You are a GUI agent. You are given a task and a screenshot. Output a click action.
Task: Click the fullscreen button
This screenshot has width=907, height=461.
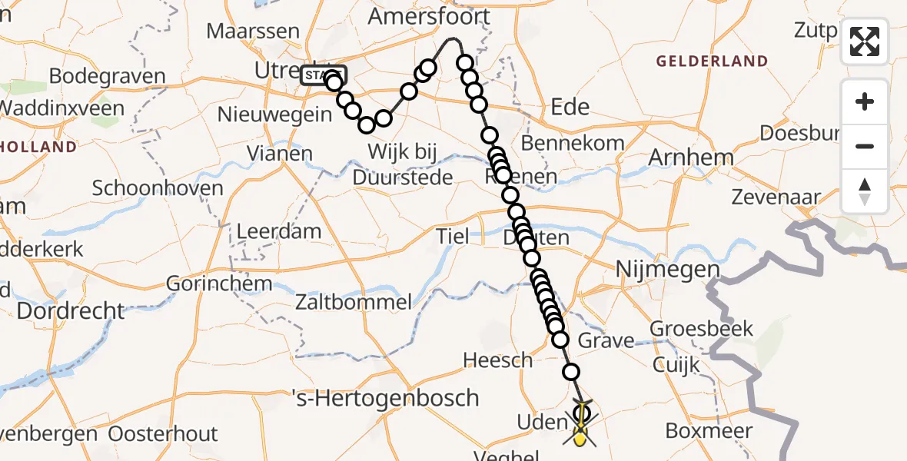[x=865, y=41]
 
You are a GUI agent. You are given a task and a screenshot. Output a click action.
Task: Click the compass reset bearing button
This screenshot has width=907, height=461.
[x=865, y=191]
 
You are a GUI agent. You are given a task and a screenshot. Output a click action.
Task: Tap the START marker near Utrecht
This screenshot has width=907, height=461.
[x=324, y=75]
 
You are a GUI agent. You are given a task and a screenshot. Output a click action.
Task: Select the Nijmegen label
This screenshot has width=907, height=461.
[x=667, y=270]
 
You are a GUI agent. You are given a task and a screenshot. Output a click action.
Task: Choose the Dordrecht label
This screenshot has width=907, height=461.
[x=71, y=311]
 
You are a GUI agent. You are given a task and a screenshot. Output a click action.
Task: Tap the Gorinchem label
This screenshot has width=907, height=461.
[x=220, y=284]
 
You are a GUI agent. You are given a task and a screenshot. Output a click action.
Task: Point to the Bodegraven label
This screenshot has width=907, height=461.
[x=107, y=77]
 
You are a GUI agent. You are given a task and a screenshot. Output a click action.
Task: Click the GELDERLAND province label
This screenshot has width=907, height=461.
[x=712, y=61]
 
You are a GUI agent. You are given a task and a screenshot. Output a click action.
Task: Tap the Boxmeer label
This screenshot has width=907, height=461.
[x=709, y=430]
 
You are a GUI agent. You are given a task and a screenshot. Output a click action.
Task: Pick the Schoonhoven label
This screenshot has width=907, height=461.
[x=158, y=188]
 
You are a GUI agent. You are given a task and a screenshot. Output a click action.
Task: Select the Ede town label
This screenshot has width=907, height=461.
[x=570, y=106]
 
